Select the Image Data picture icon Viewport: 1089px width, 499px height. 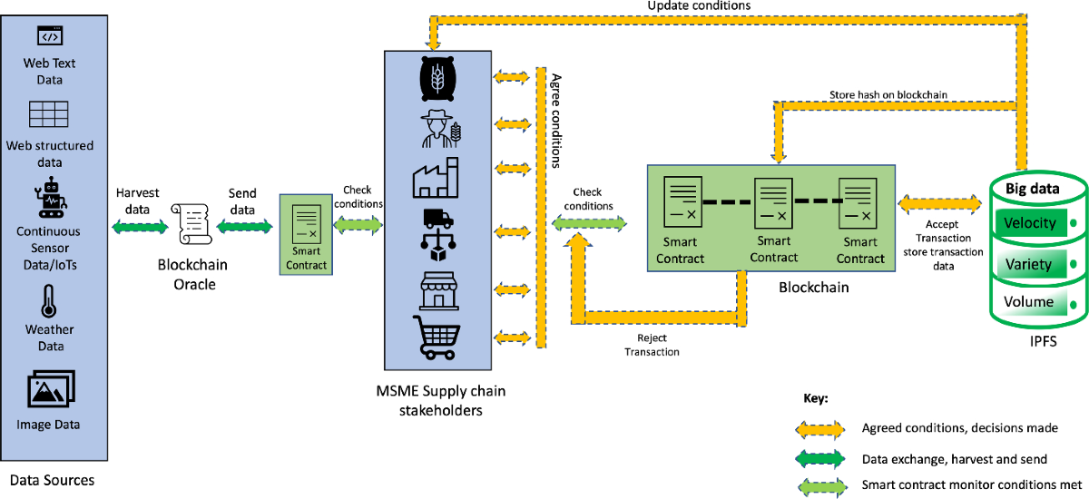point(51,390)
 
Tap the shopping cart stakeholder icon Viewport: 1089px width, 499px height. point(437,338)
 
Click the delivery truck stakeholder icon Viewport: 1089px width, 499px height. point(437,231)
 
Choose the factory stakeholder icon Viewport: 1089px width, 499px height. point(437,178)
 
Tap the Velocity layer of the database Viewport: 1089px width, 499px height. point(1030,223)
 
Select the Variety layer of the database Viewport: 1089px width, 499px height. point(1029,264)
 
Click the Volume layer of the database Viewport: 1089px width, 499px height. point(1029,302)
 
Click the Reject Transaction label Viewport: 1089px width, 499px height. point(652,345)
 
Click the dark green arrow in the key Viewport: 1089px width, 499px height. point(822,458)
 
